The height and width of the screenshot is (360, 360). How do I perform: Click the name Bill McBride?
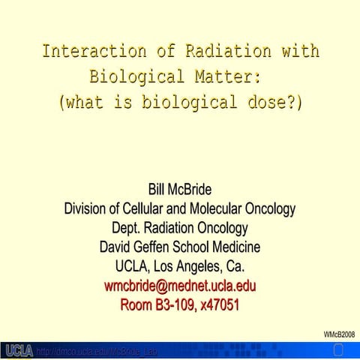[x=180, y=189]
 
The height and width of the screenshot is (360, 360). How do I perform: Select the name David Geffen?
[x=139, y=247]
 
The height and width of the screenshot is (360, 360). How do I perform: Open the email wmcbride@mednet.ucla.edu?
[x=180, y=286]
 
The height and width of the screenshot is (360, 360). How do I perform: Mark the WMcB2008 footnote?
[x=339, y=334]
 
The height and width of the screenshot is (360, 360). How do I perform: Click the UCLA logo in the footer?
[x=18, y=351]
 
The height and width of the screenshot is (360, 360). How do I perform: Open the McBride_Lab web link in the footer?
[x=97, y=351]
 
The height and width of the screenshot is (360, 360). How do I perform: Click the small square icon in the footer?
[x=337, y=350]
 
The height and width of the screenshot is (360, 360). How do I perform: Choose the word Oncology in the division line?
[x=267, y=208]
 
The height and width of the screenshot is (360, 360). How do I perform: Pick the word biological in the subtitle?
[x=179, y=102]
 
